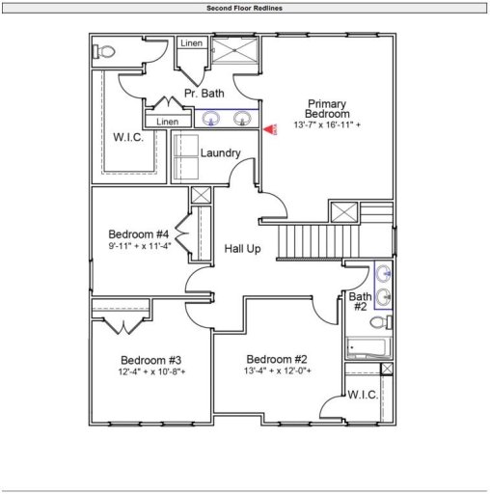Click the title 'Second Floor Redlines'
244,8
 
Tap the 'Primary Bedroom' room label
327,109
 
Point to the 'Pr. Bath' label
204,94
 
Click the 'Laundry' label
220,153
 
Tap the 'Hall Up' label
243,248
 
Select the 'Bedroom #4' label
139,234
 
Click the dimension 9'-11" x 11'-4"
139,246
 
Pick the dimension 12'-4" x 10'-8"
151,371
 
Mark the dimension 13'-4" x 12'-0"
278,370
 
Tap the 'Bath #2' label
360,302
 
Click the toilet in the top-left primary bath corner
107,51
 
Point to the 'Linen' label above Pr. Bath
190,44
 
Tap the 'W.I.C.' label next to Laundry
127,138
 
